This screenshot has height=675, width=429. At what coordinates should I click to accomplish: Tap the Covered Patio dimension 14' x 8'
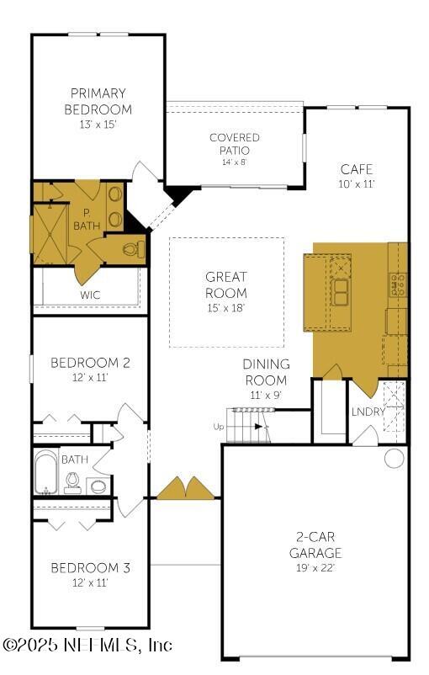[x=234, y=162]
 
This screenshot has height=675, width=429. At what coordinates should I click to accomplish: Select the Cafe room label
[x=357, y=168]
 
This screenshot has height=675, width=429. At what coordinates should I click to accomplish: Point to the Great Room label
[x=226, y=284]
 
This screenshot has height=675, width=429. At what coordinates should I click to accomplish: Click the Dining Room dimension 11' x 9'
[x=266, y=395]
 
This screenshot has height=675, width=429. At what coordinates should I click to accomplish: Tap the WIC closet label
[x=91, y=295]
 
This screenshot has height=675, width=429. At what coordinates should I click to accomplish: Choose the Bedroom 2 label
[x=90, y=363]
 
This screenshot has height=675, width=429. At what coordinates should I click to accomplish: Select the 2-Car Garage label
[x=315, y=546]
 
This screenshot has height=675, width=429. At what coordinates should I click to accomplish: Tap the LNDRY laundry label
[x=368, y=412]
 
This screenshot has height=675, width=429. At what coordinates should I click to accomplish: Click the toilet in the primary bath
[x=130, y=249]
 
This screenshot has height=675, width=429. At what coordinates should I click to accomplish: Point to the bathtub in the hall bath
[x=45, y=474]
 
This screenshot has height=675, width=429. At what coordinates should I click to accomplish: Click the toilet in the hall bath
[x=72, y=482]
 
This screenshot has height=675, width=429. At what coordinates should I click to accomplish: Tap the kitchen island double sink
[x=342, y=291]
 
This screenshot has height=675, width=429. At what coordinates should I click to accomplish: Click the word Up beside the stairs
[x=219, y=427]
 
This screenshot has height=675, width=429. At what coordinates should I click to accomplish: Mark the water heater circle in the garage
[x=395, y=458]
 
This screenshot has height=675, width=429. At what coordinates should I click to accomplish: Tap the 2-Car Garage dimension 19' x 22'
[x=315, y=569]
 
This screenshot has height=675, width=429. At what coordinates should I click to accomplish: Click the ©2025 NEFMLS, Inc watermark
[x=87, y=645]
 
